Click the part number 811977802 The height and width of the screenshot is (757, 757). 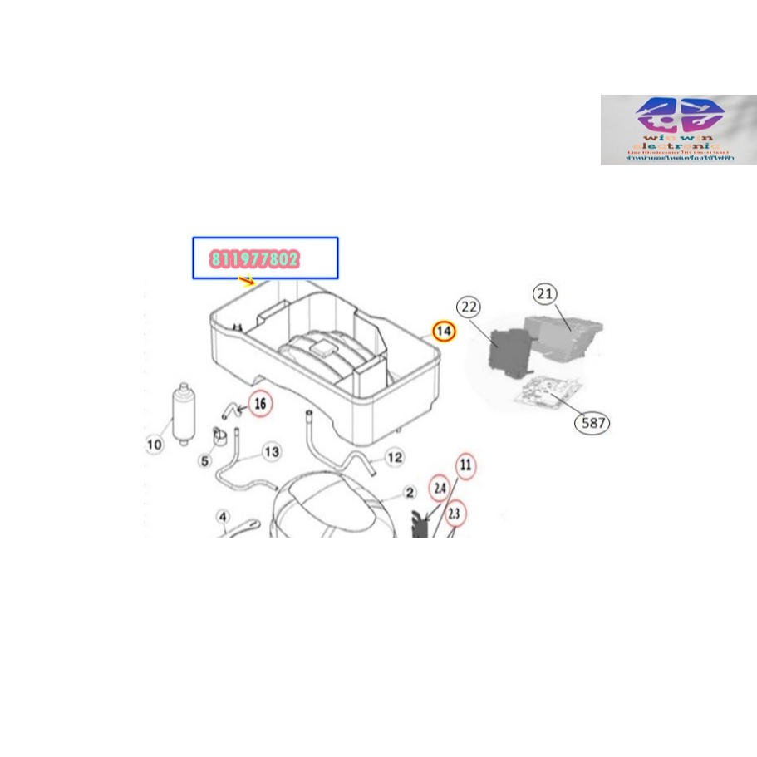click(255, 259)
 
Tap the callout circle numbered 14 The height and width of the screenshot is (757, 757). click(445, 331)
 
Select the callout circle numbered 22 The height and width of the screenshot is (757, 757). click(469, 307)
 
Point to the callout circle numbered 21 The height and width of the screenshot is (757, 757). click(545, 293)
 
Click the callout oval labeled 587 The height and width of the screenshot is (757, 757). click(592, 423)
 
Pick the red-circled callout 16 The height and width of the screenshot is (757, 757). click(260, 405)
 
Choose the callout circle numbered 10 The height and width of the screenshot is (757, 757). click(155, 445)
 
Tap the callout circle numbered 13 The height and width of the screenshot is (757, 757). click(271, 452)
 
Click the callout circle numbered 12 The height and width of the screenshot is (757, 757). click(395, 457)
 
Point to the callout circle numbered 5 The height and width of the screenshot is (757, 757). click(204, 460)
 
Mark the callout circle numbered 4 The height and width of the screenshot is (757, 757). click(223, 518)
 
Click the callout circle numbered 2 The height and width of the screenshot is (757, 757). click(410, 493)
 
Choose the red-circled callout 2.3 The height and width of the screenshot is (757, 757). click(454, 513)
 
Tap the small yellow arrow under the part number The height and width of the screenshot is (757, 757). click(247, 280)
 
